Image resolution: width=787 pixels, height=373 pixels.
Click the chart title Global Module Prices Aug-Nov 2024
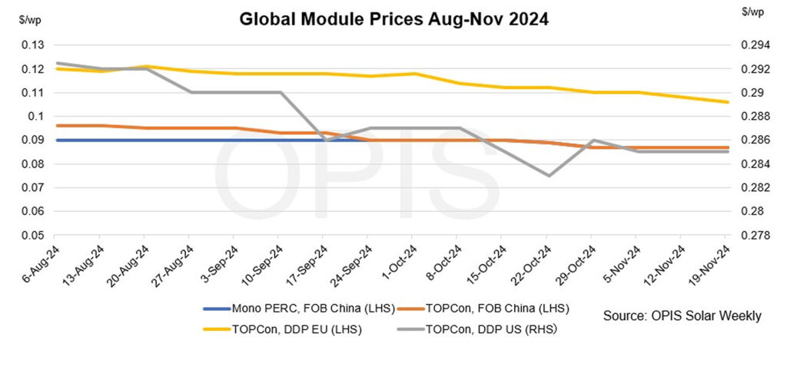click(x=393, y=19)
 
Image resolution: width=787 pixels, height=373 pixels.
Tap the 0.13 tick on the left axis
click(x=33, y=45)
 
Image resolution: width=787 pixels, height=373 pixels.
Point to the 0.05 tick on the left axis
click(x=33, y=235)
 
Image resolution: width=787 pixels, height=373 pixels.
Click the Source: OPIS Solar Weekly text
click(x=682, y=315)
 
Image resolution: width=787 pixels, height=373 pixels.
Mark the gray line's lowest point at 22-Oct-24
click(x=546, y=176)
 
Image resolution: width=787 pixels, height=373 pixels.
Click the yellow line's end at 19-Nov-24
click(x=726, y=102)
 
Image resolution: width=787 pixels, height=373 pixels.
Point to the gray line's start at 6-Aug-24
click(x=57, y=63)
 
